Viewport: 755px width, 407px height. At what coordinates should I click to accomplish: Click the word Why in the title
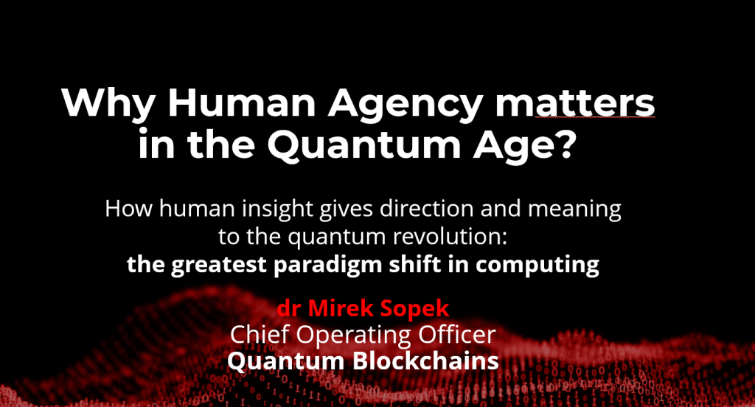click(x=108, y=103)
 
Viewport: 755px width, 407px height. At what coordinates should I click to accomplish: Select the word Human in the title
click(x=241, y=102)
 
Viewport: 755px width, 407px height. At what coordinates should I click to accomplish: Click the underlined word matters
click(x=575, y=103)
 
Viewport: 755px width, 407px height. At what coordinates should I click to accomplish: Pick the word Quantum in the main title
click(x=364, y=144)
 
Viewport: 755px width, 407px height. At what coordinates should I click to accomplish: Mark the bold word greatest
click(x=218, y=265)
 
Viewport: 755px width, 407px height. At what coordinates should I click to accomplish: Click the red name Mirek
click(x=341, y=308)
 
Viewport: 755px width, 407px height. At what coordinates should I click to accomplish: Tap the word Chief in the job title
click(x=260, y=334)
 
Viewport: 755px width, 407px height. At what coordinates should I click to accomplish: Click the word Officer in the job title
click(x=456, y=334)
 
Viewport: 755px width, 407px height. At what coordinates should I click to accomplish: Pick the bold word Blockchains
click(x=425, y=361)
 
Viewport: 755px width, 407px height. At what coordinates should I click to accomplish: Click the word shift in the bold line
click(x=415, y=265)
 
